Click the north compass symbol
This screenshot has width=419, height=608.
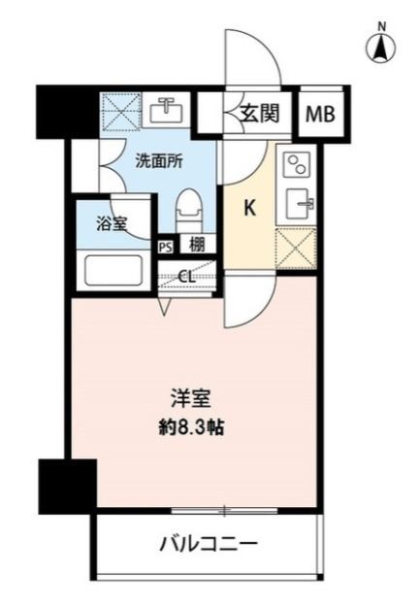(381, 46)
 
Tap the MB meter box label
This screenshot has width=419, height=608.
(320, 114)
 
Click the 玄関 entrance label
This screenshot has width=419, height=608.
(260, 114)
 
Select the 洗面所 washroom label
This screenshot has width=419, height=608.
(159, 161)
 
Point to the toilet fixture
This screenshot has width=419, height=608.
(189, 211)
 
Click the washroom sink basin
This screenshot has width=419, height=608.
(167, 110)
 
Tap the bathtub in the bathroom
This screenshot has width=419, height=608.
(113, 271)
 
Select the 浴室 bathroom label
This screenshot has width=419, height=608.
(112, 224)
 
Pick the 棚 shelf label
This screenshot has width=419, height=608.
(197, 245)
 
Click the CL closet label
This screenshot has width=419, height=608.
(187, 277)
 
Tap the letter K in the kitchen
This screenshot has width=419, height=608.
(250, 209)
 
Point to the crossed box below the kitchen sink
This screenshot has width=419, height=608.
(296, 249)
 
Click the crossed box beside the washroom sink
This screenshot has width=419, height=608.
(121, 110)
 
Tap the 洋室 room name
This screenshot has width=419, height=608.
(191, 399)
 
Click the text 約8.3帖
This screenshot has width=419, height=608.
(192, 427)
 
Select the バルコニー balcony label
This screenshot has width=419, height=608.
(209, 543)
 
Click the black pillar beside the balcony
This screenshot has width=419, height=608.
(67, 487)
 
